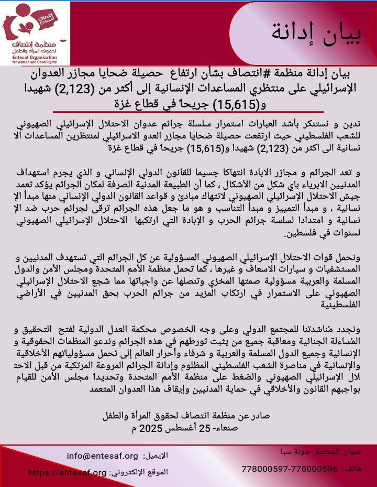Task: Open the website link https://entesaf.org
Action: click(x=66, y=472)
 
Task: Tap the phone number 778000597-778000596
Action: click(x=290, y=468)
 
